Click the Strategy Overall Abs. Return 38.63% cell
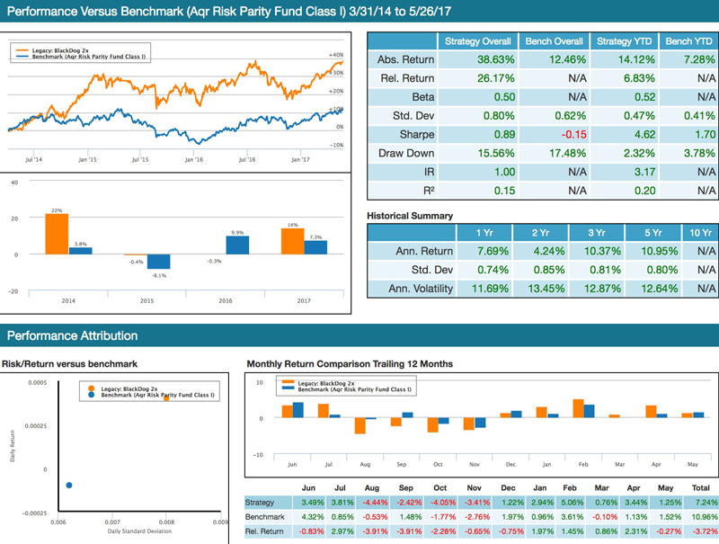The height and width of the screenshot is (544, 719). click(x=477, y=59)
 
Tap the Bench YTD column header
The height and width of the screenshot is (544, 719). click(x=688, y=41)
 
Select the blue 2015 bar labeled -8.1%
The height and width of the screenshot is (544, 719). click(x=158, y=262)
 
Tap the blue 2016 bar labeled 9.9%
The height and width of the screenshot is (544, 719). click(x=237, y=245)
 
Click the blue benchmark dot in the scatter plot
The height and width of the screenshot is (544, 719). click(x=69, y=486)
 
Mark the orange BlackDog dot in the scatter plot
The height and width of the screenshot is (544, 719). click(x=166, y=397)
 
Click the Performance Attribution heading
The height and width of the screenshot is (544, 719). click(x=73, y=335)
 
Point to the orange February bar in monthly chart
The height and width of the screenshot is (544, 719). click(x=579, y=409)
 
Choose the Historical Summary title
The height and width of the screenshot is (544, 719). click(x=410, y=216)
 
